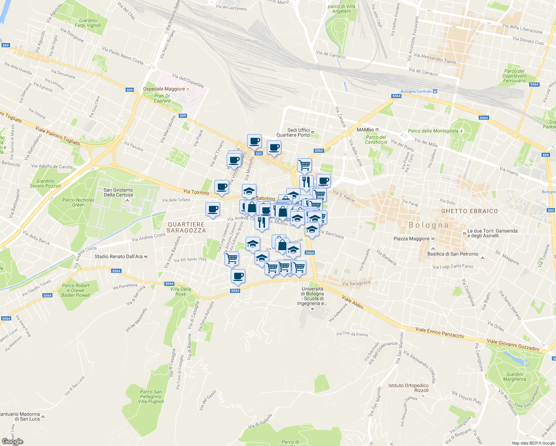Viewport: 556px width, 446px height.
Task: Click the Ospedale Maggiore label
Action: (x=164, y=89)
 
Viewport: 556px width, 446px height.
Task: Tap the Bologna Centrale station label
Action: (x=416, y=91)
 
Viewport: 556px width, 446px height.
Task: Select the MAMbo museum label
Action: (x=365, y=130)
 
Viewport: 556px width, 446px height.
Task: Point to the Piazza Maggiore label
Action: (x=411, y=239)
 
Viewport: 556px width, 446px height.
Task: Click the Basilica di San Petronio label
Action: (x=453, y=254)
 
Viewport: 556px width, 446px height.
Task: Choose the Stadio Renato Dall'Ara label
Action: (x=119, y=256)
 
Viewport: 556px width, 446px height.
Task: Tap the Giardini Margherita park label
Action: (x=515, y=377)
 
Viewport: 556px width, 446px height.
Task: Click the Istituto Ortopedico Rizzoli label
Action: (x=408, y=388)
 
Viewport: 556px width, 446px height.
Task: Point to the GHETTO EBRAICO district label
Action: (x=469, y=211)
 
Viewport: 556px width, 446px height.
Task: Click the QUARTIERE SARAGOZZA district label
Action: (x=186, y=227)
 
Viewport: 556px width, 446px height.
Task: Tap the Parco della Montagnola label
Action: (x=433, y=131)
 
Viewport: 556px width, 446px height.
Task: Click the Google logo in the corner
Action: (x=12, y=442)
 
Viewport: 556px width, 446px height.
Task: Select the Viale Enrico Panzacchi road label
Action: (x=439, y=333)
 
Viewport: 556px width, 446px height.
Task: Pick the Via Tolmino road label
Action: (x=196, y=192)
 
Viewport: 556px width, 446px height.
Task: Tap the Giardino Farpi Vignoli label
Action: (x=88, y=23)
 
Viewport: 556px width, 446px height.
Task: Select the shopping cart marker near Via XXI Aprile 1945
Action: (x=232, y=258)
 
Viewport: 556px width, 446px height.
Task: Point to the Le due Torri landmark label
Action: (x=492, y=233)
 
